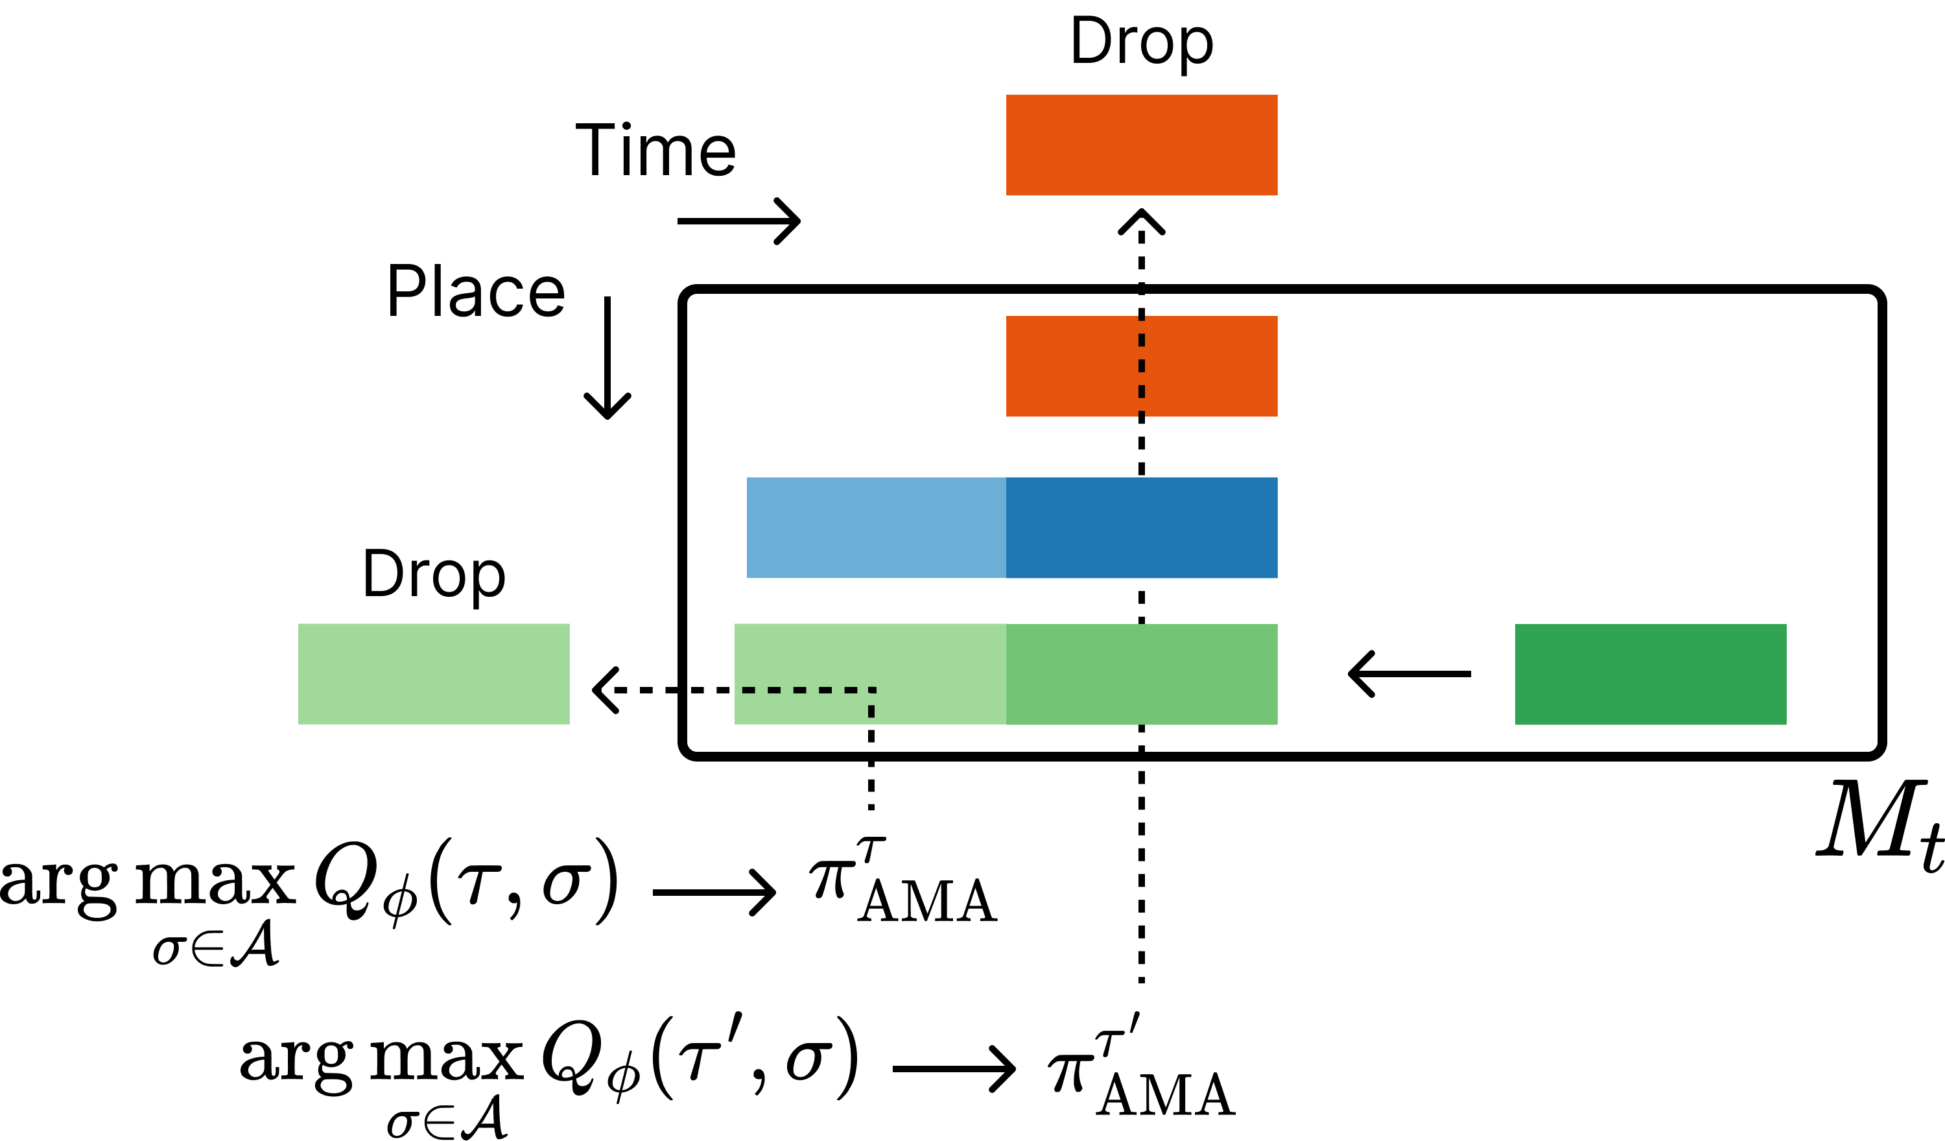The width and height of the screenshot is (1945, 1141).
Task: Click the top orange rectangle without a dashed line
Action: point(1142,145)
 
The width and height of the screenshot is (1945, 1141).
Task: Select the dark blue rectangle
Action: point(1142,527)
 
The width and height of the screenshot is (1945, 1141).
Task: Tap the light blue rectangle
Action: point(876,527)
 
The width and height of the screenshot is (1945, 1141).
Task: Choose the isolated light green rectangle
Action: point(434,673)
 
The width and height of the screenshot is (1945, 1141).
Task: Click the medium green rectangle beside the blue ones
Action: point(1142,674)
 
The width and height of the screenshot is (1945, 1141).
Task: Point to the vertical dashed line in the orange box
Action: point(1142,366)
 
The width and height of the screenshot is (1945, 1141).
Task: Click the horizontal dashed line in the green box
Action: point(808,690)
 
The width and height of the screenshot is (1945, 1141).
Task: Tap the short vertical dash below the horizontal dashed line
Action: point(871,711)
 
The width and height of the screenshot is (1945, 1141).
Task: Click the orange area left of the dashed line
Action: point(1072,366)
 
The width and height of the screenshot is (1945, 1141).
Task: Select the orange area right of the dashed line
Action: point(1210,366)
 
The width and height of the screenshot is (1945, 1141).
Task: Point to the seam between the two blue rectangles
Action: point(1006,527)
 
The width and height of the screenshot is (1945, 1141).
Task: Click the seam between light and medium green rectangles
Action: point(1006,674)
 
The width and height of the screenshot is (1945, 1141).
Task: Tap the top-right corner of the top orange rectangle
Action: point(1277,96)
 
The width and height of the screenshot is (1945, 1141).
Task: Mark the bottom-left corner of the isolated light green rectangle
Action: point(299,723)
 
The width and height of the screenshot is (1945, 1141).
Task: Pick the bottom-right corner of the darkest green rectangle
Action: point(1786,724)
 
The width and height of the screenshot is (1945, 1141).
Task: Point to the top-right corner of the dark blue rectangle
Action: point(1277,478)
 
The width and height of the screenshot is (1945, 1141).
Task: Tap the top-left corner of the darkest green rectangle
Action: point(1516,625)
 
